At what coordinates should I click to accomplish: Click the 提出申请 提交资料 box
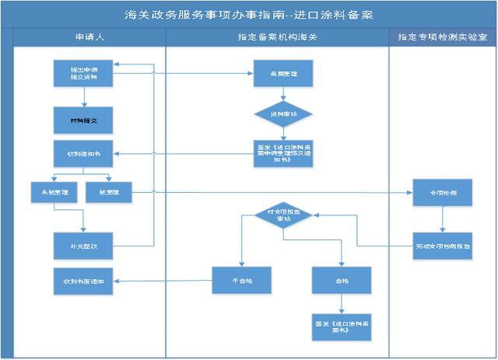click(x=84, y=73)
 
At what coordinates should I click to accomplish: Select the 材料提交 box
click(x=84, y=121)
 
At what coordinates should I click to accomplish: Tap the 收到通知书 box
click(x=84, y=153)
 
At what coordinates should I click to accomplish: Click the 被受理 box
click(x=109, y=191)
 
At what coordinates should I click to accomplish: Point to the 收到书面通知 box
click(x=84, y=280)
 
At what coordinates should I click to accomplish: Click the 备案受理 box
click(x=282, y=73)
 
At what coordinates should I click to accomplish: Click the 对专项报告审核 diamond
click(x=283, y=215)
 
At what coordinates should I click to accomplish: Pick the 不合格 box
click(x=242, y=280)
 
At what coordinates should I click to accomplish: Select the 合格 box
click(x=342, y=280)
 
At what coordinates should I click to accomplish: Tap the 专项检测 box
click(x=442, y=191)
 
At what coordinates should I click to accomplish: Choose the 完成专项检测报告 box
click(x=442, y=245)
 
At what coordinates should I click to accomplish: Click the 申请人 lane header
click(x=83, y=37)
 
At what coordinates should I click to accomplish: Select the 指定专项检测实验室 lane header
click(x=442, y=37)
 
